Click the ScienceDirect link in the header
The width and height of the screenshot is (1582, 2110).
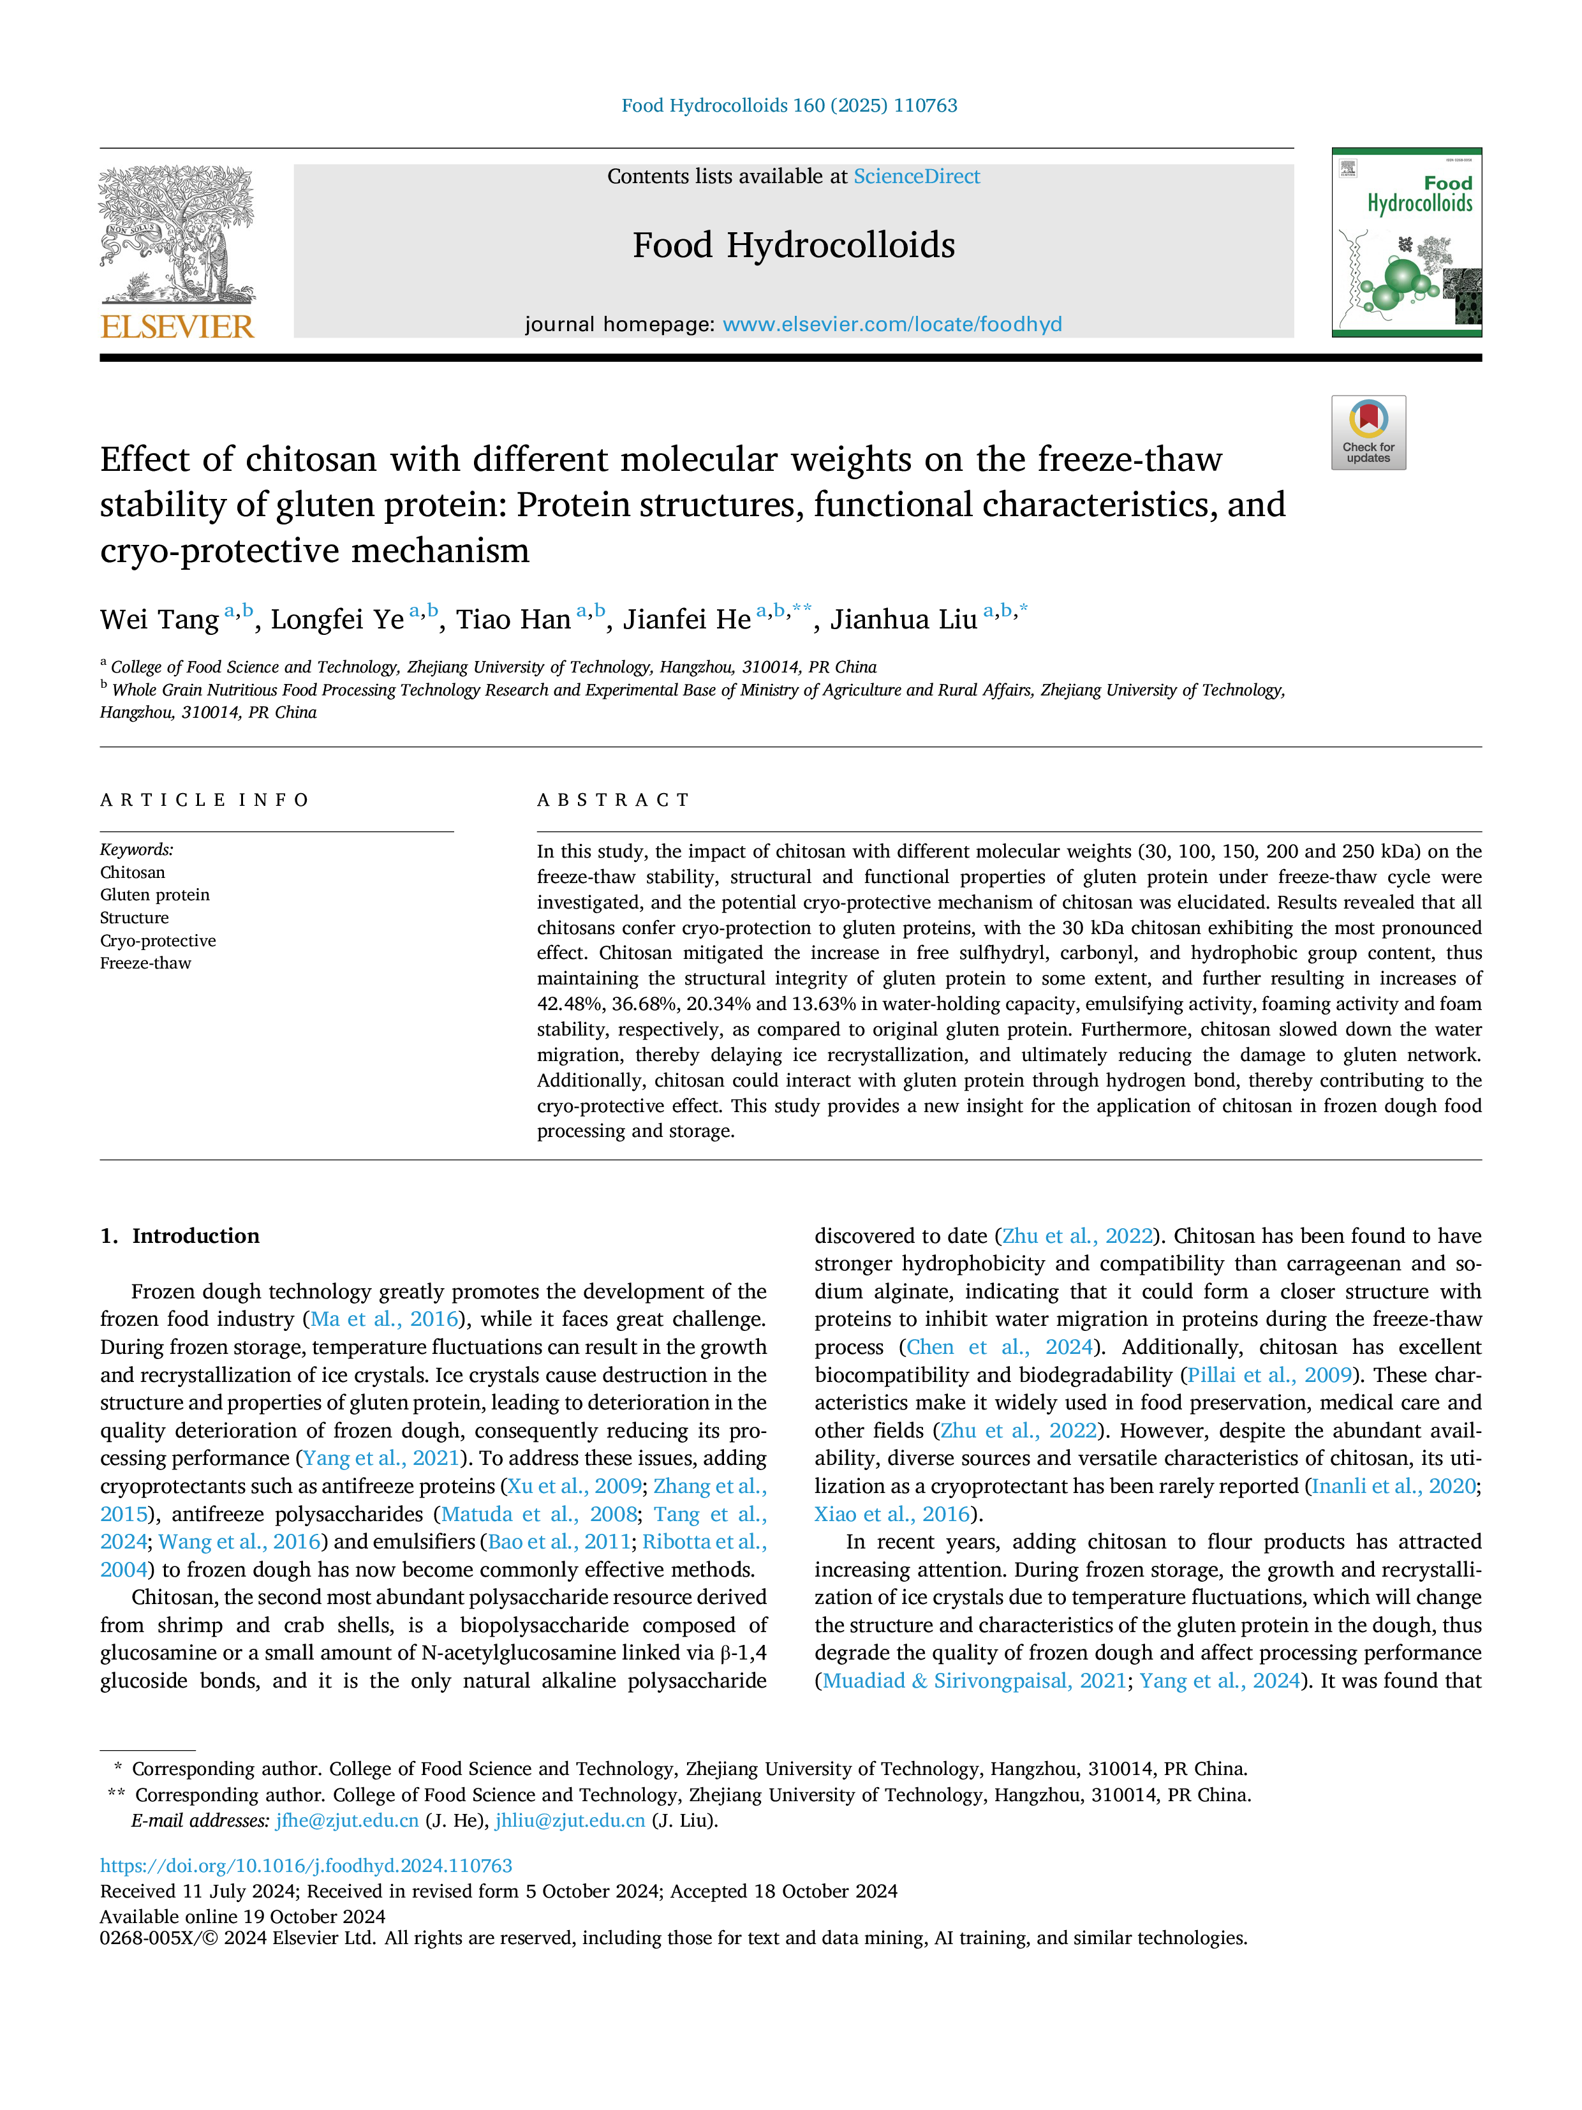click(917, 177)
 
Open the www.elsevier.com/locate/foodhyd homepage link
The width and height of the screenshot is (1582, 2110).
click(892, 324)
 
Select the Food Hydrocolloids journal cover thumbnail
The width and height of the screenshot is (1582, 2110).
click(1407, 242)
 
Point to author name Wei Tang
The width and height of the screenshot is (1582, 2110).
click(159, 620)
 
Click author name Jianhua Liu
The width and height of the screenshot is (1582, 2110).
click(903, 620)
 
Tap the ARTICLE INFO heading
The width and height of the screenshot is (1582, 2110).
click(205, 800)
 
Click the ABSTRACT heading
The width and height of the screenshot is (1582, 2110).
click(613, 800)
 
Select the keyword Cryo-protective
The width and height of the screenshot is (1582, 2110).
click(158, 940)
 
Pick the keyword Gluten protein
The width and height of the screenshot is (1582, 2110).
click(154, 895)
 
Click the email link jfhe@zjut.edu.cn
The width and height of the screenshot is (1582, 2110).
click(347, 1821)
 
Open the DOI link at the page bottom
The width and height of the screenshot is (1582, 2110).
click(306, 1866)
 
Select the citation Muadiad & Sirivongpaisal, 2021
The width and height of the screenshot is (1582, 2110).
click(975, 1681)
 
